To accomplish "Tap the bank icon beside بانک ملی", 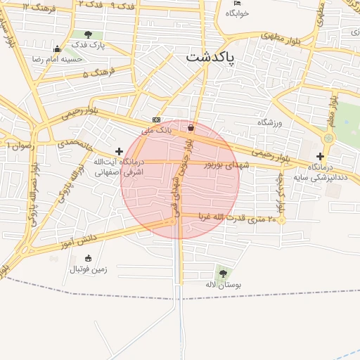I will click(155, 120).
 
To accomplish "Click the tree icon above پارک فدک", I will click(87, 34).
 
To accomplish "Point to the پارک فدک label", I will click(88, 46).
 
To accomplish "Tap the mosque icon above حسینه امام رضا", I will click(57, 49).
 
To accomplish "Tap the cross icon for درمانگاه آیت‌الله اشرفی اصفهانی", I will click(119, 151).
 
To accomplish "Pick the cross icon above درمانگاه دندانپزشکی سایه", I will click(321, 157).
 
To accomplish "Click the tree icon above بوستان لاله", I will click(223, 273).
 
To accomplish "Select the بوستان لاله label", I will click(223, 285).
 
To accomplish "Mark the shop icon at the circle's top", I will click(191, 128).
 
